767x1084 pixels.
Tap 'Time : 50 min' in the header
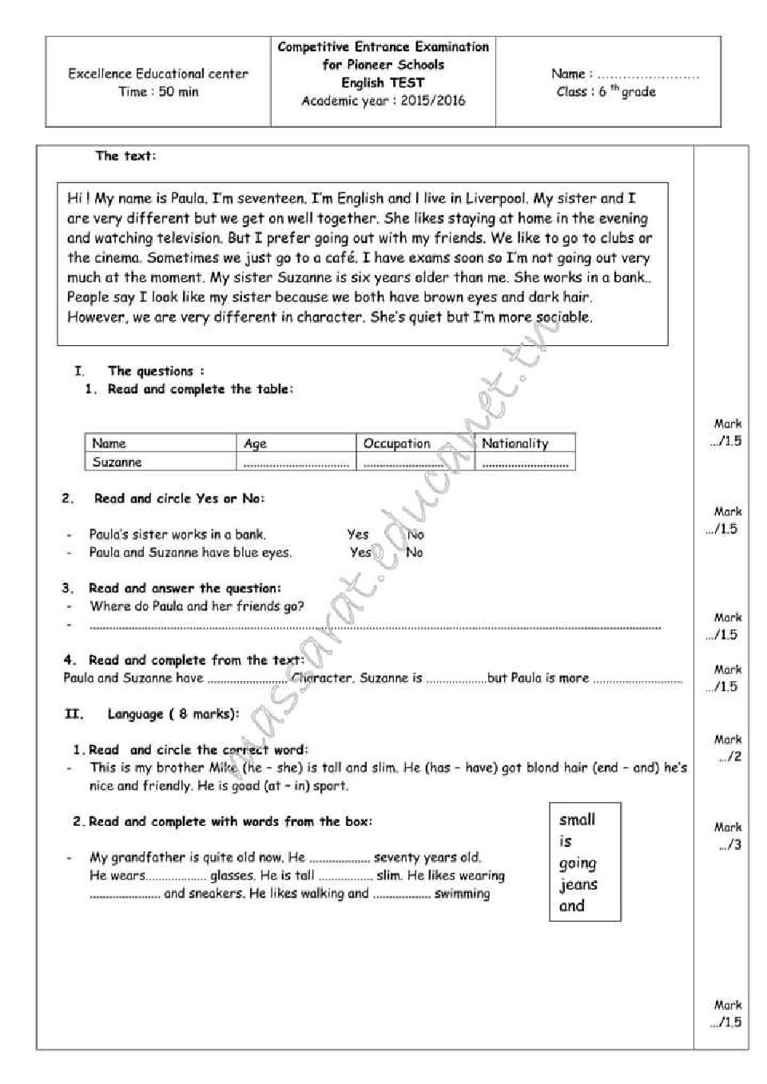158,92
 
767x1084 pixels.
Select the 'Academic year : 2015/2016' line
383,101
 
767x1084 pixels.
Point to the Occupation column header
396,443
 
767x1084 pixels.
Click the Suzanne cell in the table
117,462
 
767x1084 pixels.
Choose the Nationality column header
515,443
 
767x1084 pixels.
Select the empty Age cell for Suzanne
297,463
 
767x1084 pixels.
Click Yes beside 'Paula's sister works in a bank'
358,534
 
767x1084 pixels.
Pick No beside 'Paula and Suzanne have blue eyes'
414,552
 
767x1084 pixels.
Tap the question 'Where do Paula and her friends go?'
197,606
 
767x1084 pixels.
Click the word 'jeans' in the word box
578,884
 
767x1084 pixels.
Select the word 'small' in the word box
577,819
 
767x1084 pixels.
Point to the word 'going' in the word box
578,863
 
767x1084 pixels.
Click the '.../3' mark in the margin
729,845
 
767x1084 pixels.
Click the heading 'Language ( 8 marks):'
173,714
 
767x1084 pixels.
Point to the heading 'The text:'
125,156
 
